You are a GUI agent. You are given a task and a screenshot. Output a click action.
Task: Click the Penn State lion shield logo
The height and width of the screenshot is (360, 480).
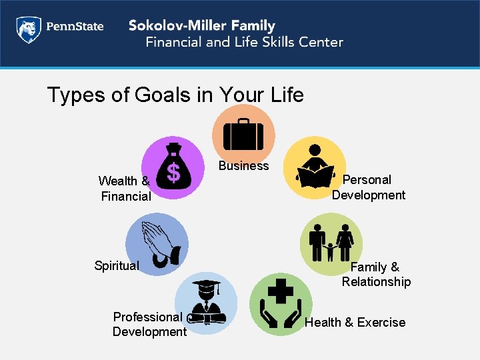28,29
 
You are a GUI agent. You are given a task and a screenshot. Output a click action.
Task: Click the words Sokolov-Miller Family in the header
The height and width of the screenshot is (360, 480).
201,26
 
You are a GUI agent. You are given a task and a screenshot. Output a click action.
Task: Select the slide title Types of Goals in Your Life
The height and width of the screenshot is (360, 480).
175,95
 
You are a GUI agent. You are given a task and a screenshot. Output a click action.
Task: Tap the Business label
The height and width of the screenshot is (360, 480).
244,166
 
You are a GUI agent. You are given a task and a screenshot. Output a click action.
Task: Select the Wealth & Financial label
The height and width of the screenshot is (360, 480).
125,189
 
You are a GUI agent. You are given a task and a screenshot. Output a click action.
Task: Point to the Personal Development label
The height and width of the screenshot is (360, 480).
368,187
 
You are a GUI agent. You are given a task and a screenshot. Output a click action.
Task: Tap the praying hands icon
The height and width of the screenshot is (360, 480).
160,243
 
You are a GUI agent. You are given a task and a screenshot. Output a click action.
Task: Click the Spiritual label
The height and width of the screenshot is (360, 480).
117,266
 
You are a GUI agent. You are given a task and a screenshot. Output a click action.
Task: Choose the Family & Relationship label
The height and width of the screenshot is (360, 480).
376,275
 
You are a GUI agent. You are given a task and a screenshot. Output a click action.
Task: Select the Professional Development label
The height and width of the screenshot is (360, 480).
149,325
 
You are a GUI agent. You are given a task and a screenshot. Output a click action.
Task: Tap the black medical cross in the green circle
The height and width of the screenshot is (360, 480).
281,291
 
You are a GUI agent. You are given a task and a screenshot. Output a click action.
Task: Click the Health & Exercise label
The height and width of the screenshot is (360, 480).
355,323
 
